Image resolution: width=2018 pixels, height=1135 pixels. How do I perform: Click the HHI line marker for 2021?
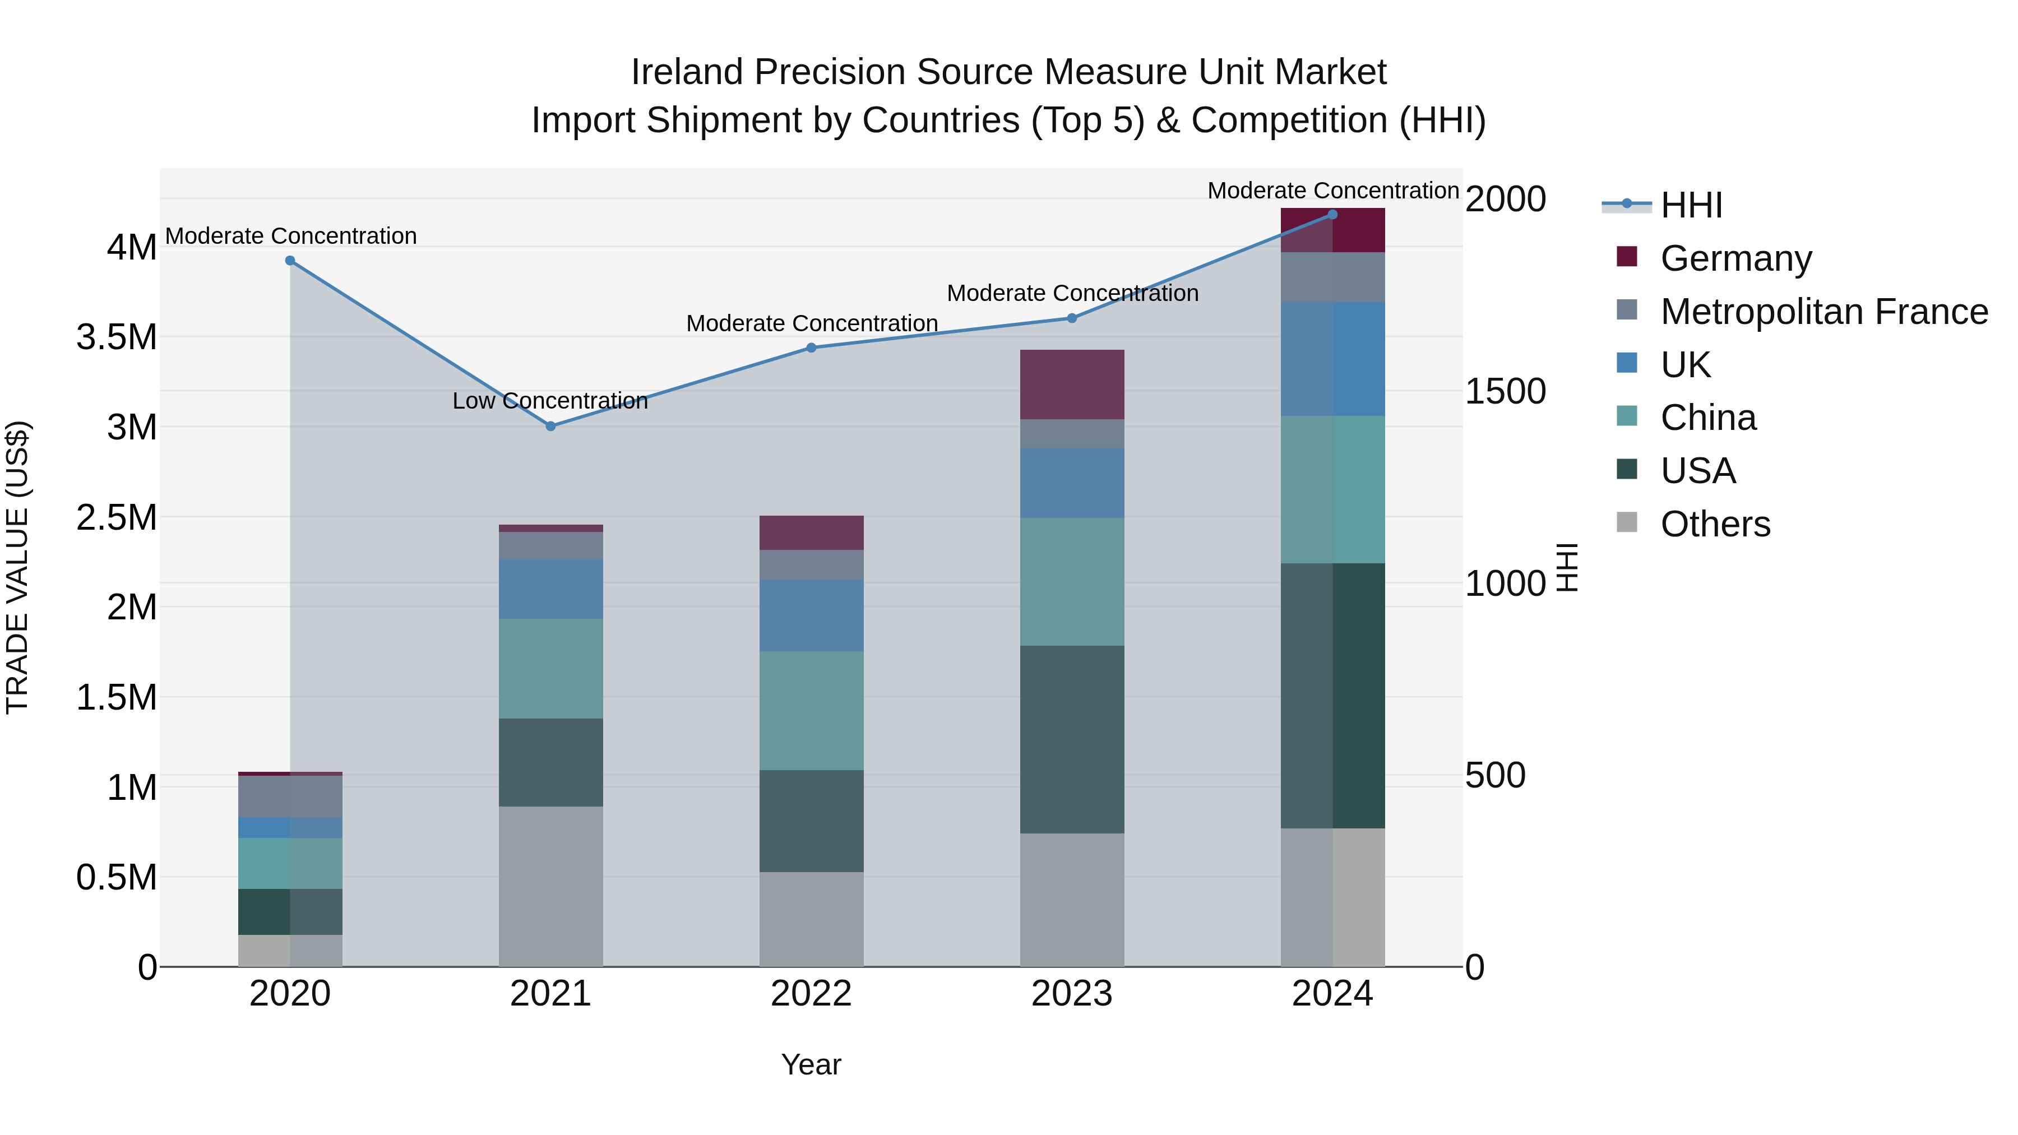click(550, 426)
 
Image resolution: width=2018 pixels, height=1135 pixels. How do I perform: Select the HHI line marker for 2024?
click(1332, 215)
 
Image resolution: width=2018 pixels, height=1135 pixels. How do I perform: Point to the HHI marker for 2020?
click(290, 261)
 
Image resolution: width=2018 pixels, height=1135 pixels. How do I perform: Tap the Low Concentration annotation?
click(550, 401)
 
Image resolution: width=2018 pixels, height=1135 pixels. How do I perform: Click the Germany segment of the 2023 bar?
click(1072, 384)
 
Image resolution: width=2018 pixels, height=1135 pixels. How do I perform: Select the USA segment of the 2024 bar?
click(1332, 696)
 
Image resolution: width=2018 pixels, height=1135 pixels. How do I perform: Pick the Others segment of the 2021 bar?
click(550, 886)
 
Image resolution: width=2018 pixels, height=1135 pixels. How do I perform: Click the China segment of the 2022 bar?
click(812, 711)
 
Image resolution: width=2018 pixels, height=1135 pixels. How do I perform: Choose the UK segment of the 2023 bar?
click(1072, 483)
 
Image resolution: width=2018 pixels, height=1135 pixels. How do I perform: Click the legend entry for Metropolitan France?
click(1823, 312)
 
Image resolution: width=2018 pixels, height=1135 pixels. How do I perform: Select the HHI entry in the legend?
click(1691, 205)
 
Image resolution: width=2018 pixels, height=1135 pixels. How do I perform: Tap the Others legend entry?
click(1715, 524)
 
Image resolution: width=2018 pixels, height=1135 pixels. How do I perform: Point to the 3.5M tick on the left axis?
click(117, 337)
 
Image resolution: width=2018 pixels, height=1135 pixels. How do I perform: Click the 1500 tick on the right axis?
click(1505, 392)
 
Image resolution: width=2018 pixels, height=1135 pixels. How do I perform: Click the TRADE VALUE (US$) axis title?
click(18, 567)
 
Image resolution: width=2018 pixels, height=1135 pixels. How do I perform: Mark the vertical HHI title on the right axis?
click(1566, 567)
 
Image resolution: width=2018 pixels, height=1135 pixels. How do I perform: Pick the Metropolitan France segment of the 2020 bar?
click(290, 796)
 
